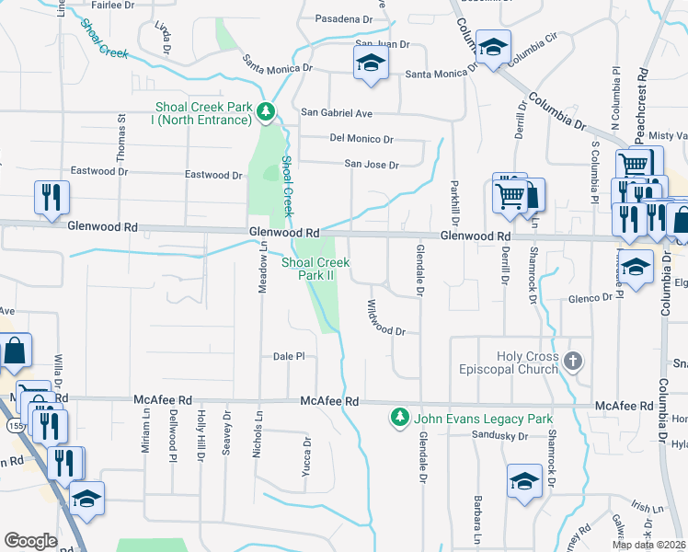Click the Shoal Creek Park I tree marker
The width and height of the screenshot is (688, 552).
(x=266, y=112)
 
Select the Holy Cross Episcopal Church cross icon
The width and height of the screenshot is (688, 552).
(x=574, y=360)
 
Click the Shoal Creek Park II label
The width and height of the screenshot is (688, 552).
(x=315, y=269)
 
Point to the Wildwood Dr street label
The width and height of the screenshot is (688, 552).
(x=386, y=317)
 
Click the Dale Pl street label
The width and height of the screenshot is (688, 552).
(x=288, y=357)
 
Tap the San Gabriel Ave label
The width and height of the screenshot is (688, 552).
(x=337, y=113)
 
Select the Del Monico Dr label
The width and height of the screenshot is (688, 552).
(x=361, y=140)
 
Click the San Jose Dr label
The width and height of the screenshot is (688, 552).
(x=371, y=166)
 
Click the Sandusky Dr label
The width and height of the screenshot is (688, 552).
(x=497, y=435)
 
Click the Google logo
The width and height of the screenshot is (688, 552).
(x=30, y=540)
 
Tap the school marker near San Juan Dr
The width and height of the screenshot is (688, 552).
(x=371, y=63)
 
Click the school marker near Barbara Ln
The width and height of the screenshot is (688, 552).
(x=524, y=480)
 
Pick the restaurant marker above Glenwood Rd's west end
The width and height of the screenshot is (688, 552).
(x=51, y=198)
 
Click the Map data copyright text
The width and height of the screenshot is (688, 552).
(x=649, y=545)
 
